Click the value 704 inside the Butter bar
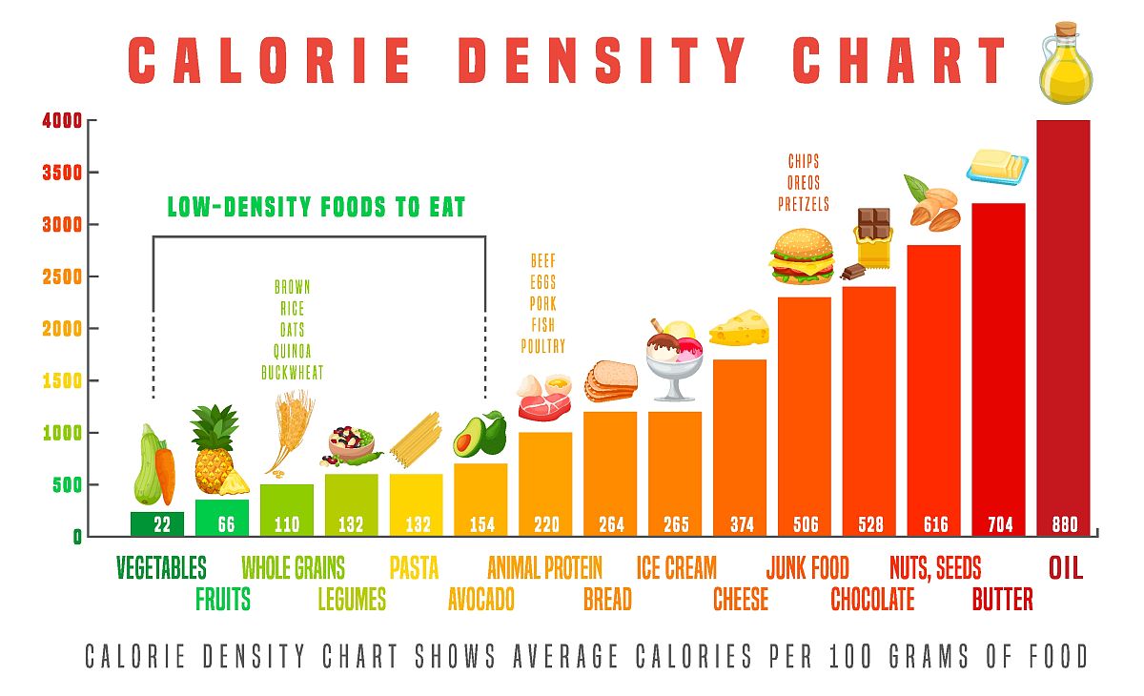coord(999,523)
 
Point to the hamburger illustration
coord(802,256)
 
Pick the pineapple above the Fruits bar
coord(215,448)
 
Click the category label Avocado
coord(480,599)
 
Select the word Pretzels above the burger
coord(804,204)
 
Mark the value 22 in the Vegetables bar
coord(157,523)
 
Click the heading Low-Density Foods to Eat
coord(317,207)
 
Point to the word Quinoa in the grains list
coord(293,350)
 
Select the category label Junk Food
coord(807,568)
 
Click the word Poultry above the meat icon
coord(542,346)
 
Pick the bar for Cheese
coord(740,439)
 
